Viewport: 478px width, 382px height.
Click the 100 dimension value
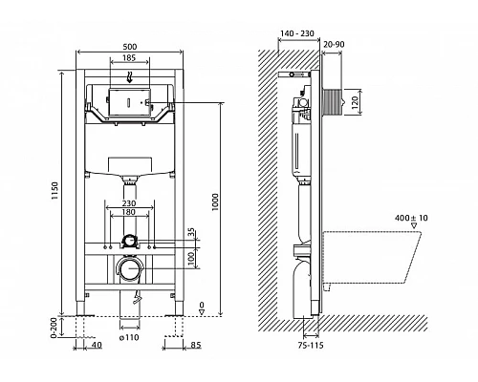(x=192, y=258)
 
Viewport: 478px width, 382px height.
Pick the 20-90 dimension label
(x=334, y=44)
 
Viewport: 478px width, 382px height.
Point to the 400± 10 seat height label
(x=413, y=219)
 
